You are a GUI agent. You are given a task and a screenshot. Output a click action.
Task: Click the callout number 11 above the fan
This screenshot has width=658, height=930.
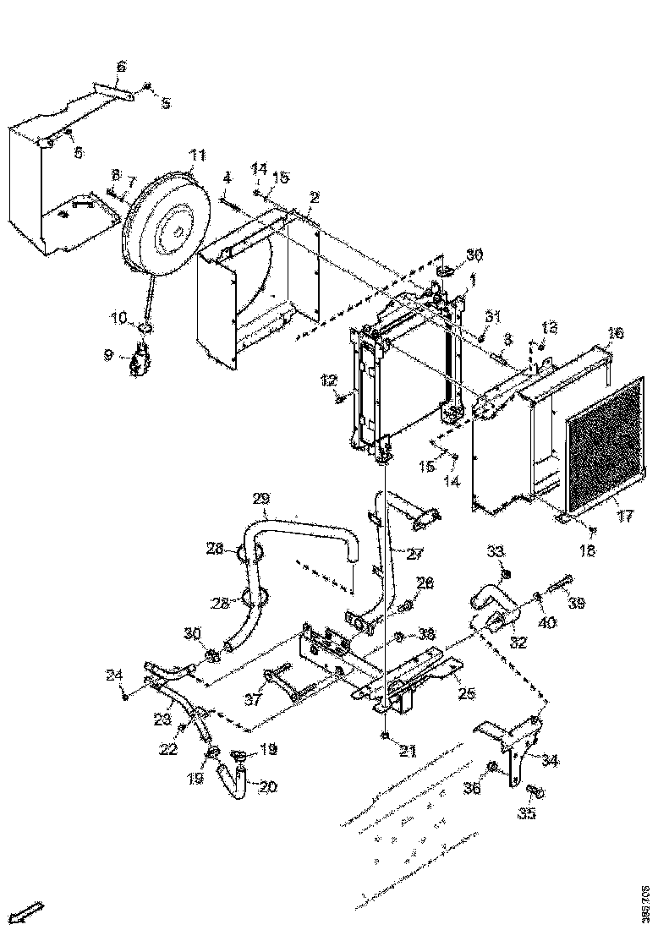[x=197, y=155]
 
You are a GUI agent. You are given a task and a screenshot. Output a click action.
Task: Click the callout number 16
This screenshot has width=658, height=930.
[x=615, y=333]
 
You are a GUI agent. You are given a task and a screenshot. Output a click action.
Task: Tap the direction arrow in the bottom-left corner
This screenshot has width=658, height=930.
[x=30, y=910]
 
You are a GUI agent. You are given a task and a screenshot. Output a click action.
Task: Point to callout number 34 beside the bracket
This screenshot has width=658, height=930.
[x=550, y=761]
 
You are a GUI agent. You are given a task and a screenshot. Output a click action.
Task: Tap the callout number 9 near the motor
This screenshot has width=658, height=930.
[x=109, y=355]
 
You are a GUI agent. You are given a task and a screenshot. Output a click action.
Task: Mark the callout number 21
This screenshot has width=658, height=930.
[x=408, y=751]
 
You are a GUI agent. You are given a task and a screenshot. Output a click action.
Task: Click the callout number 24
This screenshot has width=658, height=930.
[x=113, y=675]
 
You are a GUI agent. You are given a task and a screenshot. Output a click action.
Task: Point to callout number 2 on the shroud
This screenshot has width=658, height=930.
[x=314, y=197]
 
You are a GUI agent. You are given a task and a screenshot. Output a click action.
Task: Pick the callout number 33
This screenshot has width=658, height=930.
[x=496, y=551]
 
